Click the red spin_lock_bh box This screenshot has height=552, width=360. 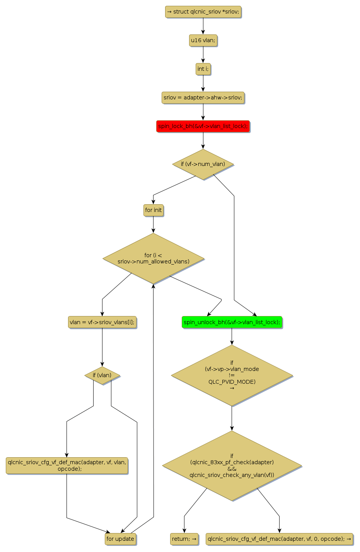203,126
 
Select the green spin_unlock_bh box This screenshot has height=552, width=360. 232,322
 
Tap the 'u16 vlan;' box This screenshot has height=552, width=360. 203,40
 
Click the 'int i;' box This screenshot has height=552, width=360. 203,69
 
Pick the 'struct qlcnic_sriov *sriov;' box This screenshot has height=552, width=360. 203,12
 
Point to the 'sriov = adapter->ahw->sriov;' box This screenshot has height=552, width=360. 203,97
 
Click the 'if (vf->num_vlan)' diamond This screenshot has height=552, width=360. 203,164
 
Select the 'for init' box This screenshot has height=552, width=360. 153,210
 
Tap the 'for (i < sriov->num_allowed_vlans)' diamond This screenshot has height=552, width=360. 154,258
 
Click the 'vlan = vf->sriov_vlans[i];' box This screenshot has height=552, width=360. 102,322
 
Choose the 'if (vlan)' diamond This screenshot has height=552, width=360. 102,375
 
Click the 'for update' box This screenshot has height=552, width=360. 120,539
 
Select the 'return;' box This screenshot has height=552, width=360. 184,539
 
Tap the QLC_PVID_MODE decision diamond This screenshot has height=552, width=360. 232,375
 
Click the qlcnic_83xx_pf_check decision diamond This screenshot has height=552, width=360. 232,466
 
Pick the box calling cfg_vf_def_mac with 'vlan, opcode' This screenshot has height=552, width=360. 67,465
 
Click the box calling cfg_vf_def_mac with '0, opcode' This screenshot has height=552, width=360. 279,539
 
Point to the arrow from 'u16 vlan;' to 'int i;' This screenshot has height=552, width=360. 203,55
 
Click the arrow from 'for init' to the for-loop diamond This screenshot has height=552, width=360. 153,224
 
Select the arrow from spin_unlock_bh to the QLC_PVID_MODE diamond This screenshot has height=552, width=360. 232,336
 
